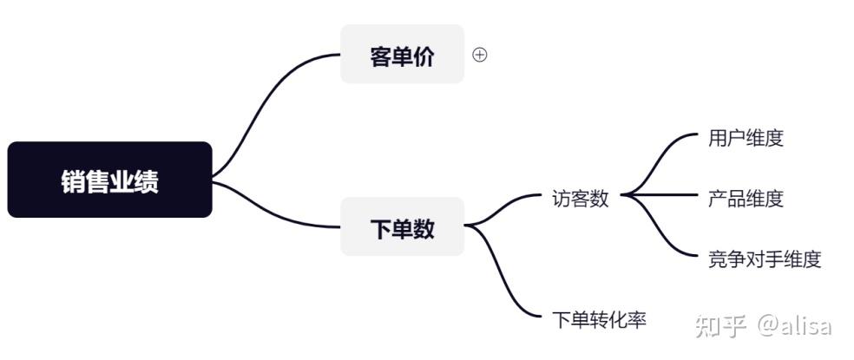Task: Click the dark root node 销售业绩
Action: [x=109, y=180]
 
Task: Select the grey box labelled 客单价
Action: [x=402, y=54]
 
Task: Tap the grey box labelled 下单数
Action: [x=402, y=226]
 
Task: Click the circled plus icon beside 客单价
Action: [x=479, y=55]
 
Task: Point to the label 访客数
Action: [x=580, y=199]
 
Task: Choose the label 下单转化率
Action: [x=599, y=319]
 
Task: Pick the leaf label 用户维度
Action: [x=746, y=138]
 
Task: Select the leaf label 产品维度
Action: [x=746, y=199]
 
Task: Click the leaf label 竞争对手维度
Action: [x=765, y=259]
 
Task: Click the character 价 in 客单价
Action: [x=424, y=56]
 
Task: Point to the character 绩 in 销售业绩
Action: [x=147, y=181]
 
